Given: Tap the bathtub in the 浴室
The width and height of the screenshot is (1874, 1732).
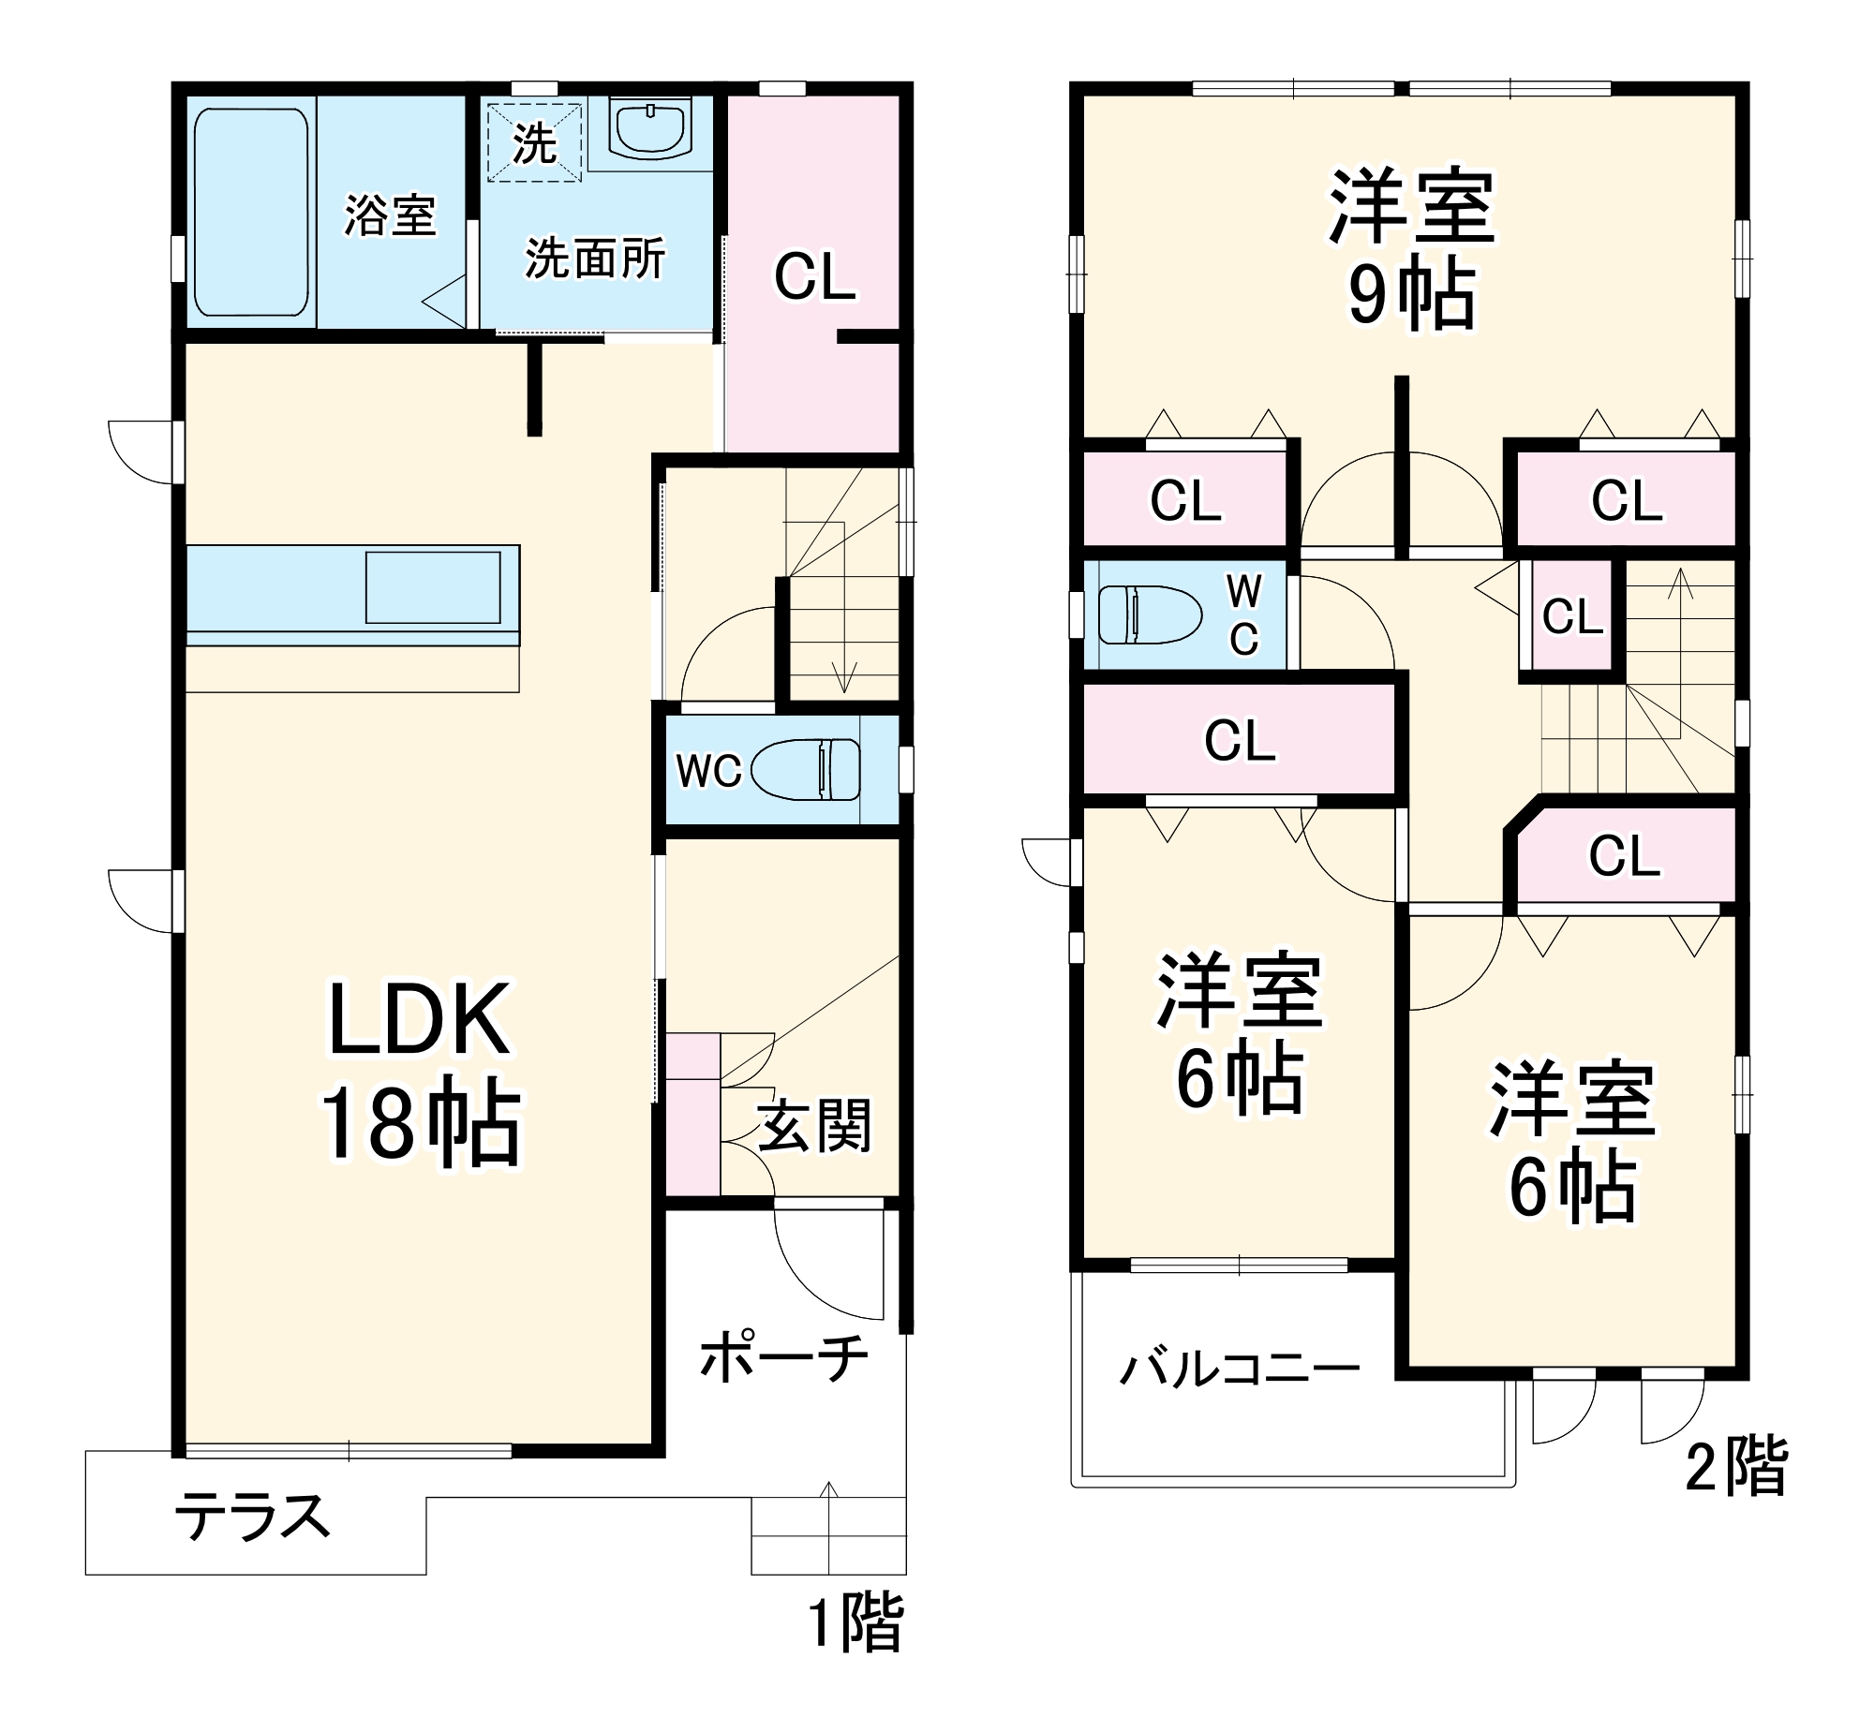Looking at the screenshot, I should click(250, 213).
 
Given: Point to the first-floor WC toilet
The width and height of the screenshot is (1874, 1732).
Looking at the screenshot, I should click(805, 769).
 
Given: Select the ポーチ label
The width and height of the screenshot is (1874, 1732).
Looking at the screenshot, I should click(783, 1357).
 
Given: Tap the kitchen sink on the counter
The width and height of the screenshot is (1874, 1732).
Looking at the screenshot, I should click(432, 587).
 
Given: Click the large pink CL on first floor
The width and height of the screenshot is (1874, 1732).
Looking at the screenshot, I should click(813, 277).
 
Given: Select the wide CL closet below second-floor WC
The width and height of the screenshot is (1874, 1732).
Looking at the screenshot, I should click(1240, 740).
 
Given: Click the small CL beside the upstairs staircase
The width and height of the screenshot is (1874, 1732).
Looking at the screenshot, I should click(1571, 616).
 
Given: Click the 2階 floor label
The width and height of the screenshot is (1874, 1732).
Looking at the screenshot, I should click(1736, 1468).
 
